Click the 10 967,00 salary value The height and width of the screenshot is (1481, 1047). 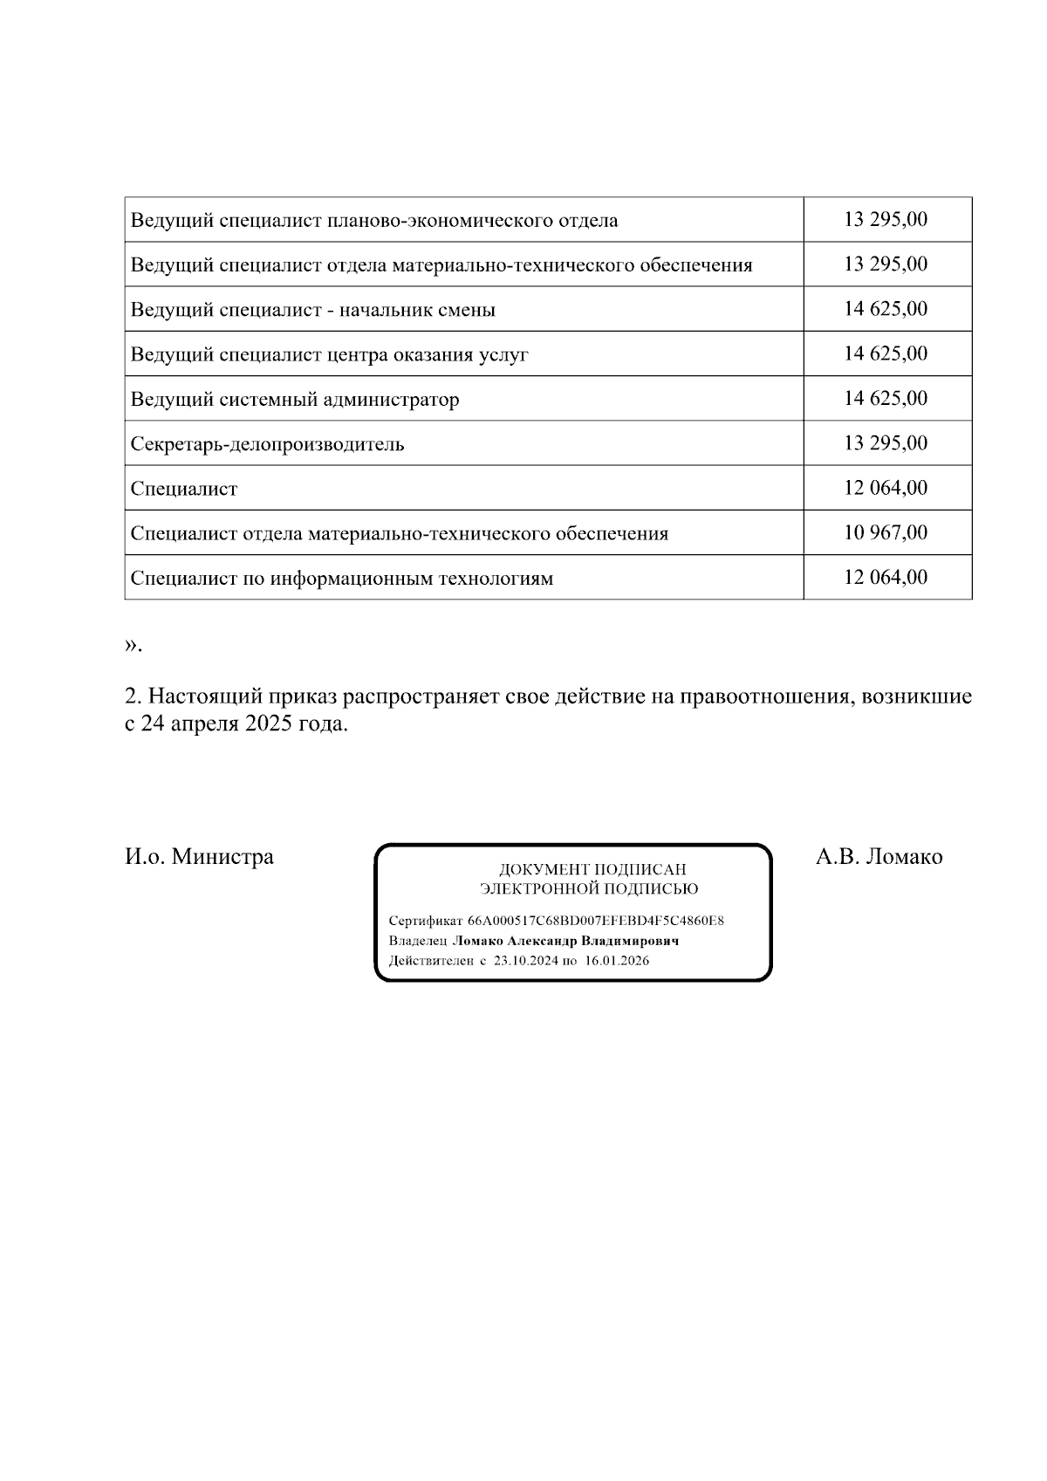click(x=886, y=532)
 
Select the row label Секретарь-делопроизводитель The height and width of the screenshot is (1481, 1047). click(x=267, y=444)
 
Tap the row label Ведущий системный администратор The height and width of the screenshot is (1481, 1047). click(x=294, y=400)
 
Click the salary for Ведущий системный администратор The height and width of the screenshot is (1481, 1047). click(x=886, y=399)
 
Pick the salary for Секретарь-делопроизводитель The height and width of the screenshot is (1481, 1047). click(x=886, y=443)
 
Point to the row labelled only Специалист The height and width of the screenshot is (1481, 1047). click(x=183, y=489)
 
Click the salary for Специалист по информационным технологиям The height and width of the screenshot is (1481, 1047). click(x=886, y=578)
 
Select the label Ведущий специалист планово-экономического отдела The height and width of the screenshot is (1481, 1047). click(x=373, y=220)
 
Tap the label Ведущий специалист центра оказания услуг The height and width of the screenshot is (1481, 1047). click(x=329, y=354)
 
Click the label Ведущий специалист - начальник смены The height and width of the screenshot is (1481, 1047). click(x=312, y=310)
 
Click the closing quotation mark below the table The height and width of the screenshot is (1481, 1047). click(x=132, y=645)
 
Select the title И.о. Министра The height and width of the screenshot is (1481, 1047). click(x=199, y=857)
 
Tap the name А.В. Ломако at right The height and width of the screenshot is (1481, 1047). click(x=879, y=857)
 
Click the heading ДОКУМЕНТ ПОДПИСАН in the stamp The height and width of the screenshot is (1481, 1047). click(x=592, y=870)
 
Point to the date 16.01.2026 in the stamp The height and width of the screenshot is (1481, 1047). click(x=617, y=961)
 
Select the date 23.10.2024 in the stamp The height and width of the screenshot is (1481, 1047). click(x=525, y=961)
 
